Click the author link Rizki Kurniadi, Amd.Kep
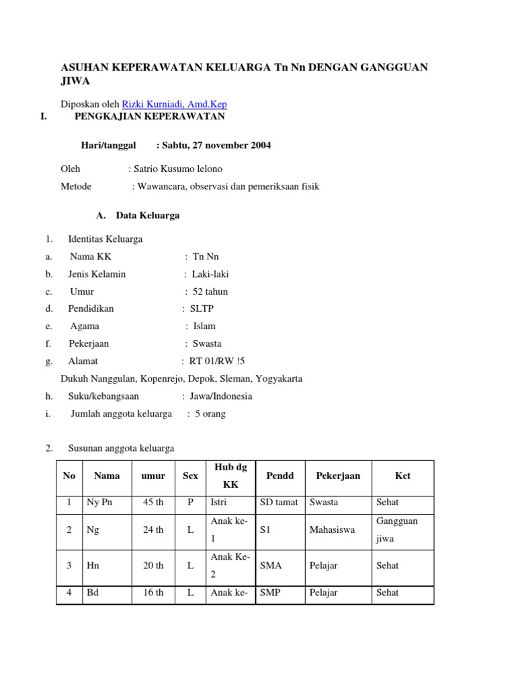click(174, 104)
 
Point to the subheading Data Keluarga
click(147, 216)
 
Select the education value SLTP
click(202, 308)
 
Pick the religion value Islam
click(204, 326)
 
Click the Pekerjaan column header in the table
click(338, 476)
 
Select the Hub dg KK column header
click(226, 476)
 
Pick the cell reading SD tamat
click(279, 502)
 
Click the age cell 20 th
click(153, 566)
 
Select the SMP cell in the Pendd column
click(270, 593)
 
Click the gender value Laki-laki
click(210, 274)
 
